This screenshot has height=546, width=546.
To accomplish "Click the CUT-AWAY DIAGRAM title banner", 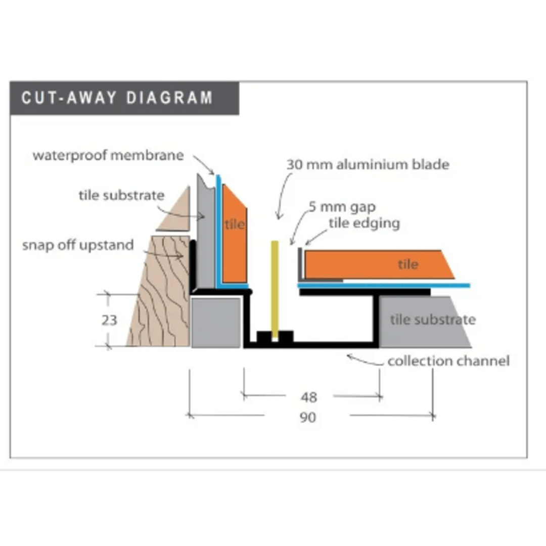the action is pos(124,98).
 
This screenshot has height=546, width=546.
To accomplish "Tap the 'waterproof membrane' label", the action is pos(108,155).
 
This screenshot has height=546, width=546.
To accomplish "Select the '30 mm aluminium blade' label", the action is pos(368,164).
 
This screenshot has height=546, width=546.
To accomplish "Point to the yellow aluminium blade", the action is pos(275,289).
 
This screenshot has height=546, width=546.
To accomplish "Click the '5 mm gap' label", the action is pos(342,207).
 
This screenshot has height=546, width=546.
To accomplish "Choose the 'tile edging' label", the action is pos(364,223).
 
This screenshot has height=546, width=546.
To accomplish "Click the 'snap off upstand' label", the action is pos(78,245).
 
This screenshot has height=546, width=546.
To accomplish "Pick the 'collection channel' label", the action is pos(448,361).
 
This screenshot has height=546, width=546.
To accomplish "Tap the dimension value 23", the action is pos(109,320).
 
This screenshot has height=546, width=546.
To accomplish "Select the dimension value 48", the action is pos(309,397).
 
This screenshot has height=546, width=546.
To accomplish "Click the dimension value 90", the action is pos(308,417).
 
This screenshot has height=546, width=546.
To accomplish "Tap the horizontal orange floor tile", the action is pos(378,264).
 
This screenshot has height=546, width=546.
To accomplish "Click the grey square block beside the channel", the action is pos(216,323).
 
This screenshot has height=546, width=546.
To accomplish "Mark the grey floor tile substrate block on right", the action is pos(423,322).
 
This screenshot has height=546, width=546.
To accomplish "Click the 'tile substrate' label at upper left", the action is pos(121,195).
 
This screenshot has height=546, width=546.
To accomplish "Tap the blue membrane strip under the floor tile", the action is pos(384,286).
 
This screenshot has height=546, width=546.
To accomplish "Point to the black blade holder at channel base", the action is pos(275,337).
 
